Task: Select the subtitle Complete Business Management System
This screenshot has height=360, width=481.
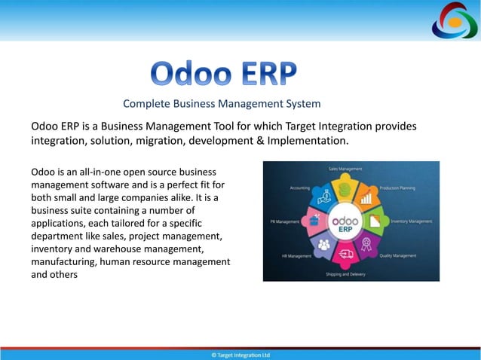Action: [x=222, y=103]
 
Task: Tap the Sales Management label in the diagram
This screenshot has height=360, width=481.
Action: [x=345, y=169]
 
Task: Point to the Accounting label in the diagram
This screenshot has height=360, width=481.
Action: [x=299, y=188]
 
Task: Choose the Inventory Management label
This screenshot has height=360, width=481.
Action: [x=411, y=221]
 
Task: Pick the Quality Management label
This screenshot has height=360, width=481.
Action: [x=397, y=255]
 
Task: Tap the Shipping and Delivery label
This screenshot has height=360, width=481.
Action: [x=345, y=274]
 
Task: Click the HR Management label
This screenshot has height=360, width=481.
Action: [x=297, y=256]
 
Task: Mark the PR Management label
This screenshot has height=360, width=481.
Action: [x=285, y=221]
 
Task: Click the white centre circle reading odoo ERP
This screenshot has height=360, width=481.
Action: [x=346, y=221]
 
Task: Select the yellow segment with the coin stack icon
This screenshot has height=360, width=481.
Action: [x=346, y=189]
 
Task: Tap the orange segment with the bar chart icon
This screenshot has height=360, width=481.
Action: [x=368, y=199]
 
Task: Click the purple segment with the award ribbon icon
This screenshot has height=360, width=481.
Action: [x=368, y=243]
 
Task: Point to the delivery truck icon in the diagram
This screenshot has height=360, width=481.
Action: [x=346, y=253]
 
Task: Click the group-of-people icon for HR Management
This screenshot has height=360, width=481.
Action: [x=324, y=244]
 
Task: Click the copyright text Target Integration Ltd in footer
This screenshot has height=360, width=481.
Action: [x=240, y=355]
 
